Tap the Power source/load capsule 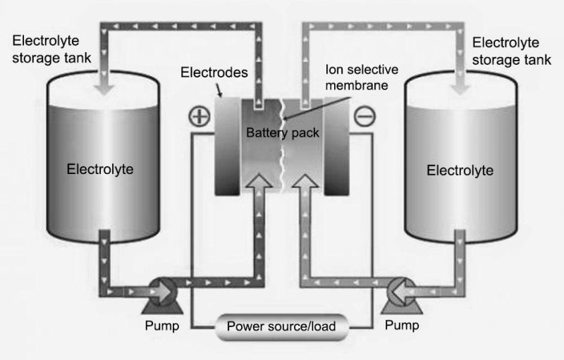coord(281,326)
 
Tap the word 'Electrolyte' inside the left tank coord(100,169)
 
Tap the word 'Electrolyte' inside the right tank coord(460,170)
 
